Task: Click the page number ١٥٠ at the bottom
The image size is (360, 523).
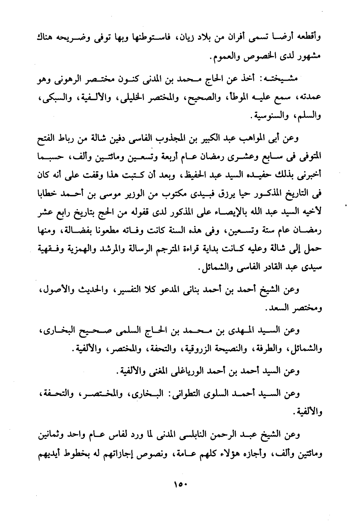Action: pyautogui.click(x=180, y=484)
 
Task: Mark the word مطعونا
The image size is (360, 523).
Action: pyautogui.click(x=89, y=231)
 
